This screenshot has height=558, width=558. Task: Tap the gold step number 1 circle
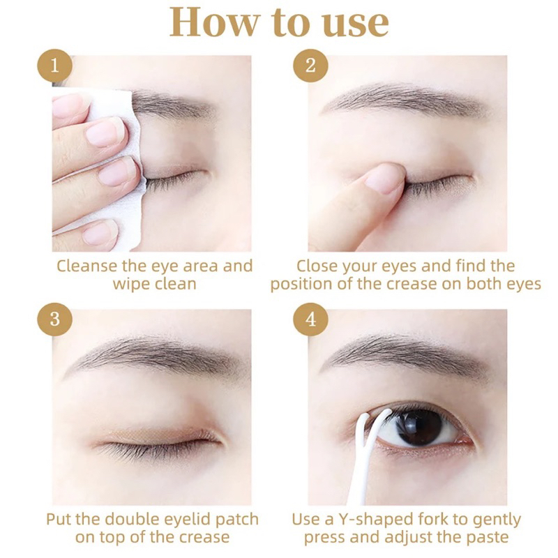54,66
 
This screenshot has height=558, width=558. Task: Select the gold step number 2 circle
310,66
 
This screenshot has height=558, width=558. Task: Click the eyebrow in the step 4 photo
406,352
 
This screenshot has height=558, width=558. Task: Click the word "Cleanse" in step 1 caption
86,266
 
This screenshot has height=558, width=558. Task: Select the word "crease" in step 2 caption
412,285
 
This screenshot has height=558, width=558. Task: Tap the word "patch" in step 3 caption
234,520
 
